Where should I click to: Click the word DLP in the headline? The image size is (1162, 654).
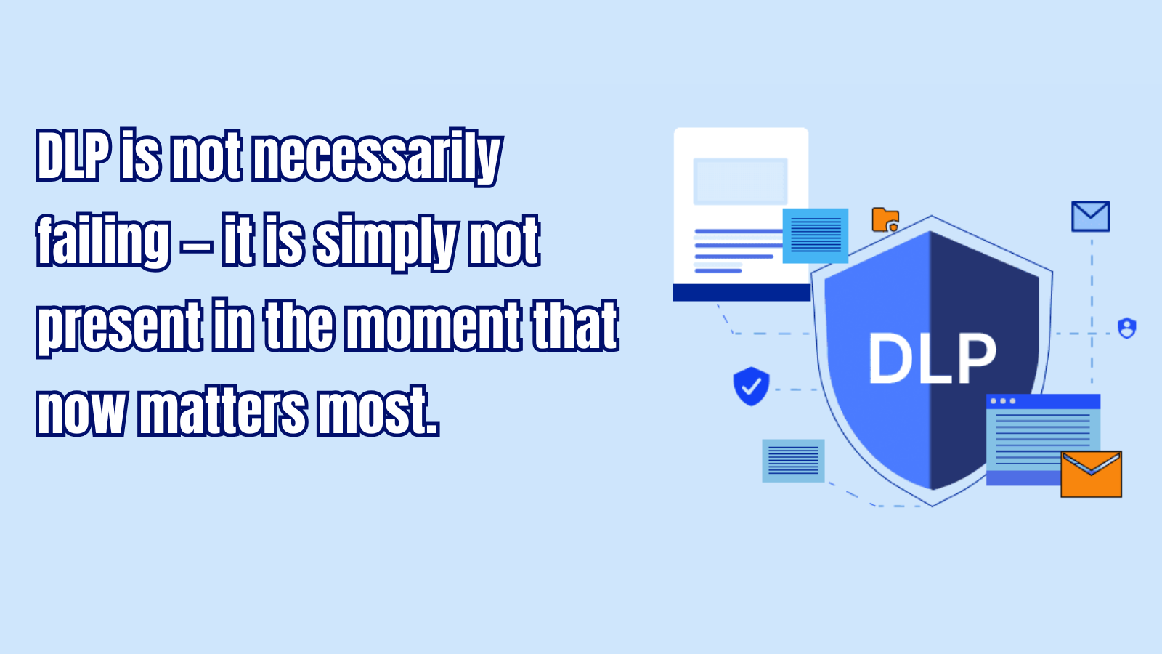[x=73, y=156]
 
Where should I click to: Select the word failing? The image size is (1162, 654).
[x=103, y=242]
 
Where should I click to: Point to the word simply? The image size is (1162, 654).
[x=385, y=243]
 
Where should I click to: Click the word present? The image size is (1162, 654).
[x=119, y=328]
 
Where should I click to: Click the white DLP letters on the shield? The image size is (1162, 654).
[x=933, y=358]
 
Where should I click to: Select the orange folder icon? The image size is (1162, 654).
[x=885, y=219]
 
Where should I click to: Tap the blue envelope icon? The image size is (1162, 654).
[x=1090, y=216]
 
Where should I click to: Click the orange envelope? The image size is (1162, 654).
[x=1091, y=474]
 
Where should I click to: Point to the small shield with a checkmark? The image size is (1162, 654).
[x=751, y=386]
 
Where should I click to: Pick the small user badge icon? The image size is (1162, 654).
[x=1126, y=328]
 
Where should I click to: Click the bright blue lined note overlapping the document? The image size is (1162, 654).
[x=816, y=235]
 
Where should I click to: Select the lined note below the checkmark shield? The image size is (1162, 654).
[x=793, y=461]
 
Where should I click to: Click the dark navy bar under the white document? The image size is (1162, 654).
[x=742, y=292]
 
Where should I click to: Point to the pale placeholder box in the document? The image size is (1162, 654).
[x=740, y=181]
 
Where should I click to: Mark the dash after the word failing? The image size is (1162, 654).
[x=197, y=247]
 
